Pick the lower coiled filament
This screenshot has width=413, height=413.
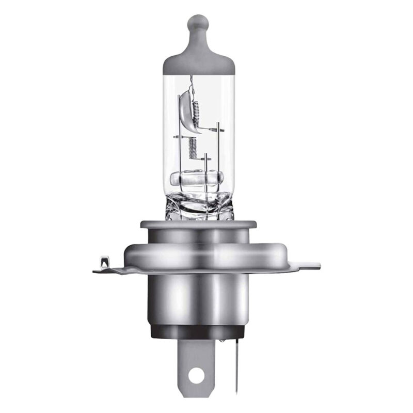pyautogui.click(x=193, y=148)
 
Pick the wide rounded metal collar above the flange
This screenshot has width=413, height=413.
pyautogui.click(x=199, y=253)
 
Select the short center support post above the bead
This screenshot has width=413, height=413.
pyautogui.click(x=205, y=163)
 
